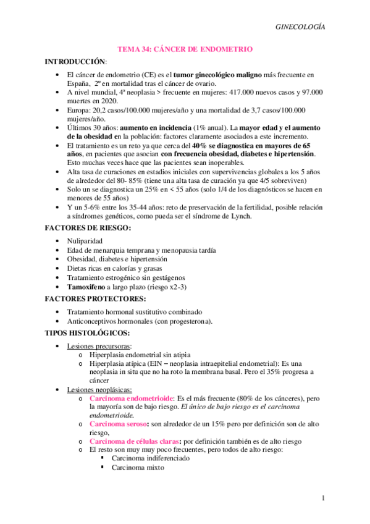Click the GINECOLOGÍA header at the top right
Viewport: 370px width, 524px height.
coord(300,27)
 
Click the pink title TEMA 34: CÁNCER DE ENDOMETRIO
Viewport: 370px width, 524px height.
coord(185,49)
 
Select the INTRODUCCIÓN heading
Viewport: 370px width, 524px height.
coord(75,62)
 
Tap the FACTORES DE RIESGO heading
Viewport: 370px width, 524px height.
coord(86,228)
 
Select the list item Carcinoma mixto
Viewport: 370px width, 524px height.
coord(138,468)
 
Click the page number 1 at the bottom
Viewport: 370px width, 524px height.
coord(322,498)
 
